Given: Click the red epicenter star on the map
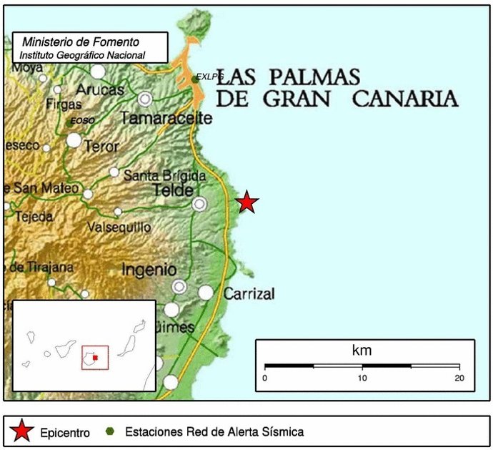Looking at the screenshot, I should (246, 202).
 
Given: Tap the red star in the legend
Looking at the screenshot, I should (22, 432).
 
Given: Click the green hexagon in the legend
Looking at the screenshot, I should (109, 432).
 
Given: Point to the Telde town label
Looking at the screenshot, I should (174, 190).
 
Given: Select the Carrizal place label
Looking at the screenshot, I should (249, 293).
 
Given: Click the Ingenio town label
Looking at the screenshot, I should (149, 270).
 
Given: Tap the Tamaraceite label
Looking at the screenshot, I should (166, 118).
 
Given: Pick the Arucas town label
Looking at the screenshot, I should (100, 90).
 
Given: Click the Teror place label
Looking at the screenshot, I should (101, 145).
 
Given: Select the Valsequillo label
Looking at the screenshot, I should (119, 227).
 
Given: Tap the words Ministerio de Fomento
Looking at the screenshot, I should (80, 42).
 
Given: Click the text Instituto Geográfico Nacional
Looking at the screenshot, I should (82, 55).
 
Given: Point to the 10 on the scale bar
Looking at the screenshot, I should (362, 378).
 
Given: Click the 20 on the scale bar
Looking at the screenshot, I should (459, 378).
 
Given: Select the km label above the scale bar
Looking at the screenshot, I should (362, 351).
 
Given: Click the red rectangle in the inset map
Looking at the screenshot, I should (95, 357).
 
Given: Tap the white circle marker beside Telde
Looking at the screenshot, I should (199, 204).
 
